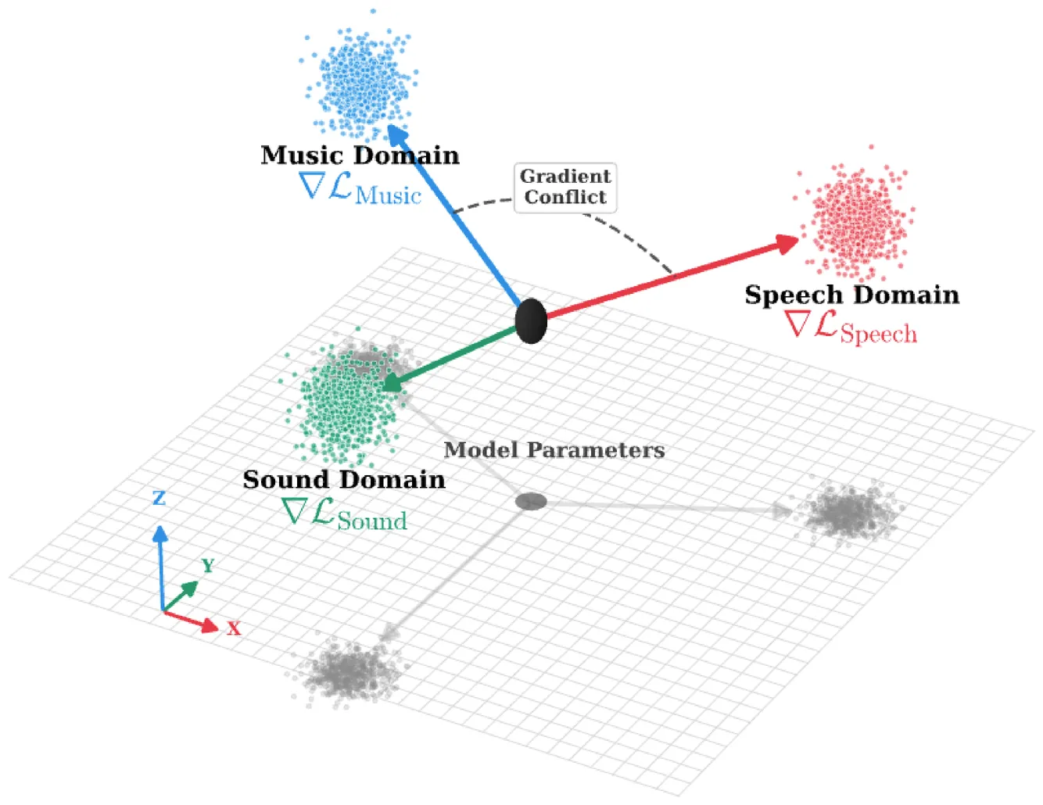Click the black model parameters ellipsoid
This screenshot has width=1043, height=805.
coord(531,320)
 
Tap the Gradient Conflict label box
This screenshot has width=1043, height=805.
coord(565,187)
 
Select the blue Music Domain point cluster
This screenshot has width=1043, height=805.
coord(360,79)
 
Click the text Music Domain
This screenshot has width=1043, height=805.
coord(360,155)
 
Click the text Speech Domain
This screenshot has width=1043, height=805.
coord(851,295)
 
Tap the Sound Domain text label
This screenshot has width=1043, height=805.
coord(344,479)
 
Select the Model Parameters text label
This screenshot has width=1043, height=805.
coord(554,450)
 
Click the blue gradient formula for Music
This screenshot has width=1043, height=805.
coord(360,190)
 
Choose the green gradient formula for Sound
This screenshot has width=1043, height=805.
coord(344,515)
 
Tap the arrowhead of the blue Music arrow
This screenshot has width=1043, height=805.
coord(398,134)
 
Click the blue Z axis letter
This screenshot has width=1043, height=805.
coord(159,498)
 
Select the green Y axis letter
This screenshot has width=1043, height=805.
coord(207,565)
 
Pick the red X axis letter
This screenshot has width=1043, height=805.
coord(234,628)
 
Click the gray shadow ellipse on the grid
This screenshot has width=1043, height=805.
coord(531,501)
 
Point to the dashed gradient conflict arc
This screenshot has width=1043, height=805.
coord(641,242)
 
